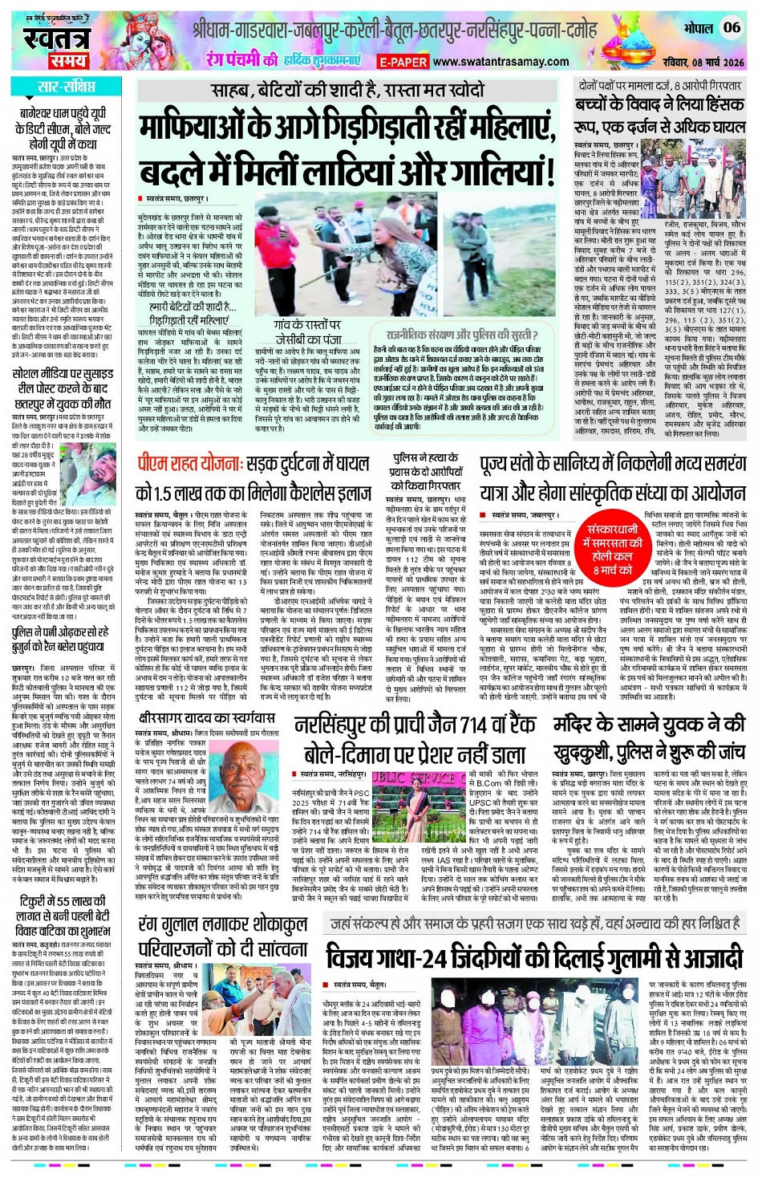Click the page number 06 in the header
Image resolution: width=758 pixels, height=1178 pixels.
[731, 26]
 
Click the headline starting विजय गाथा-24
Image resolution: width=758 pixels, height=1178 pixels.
[534, 957]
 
